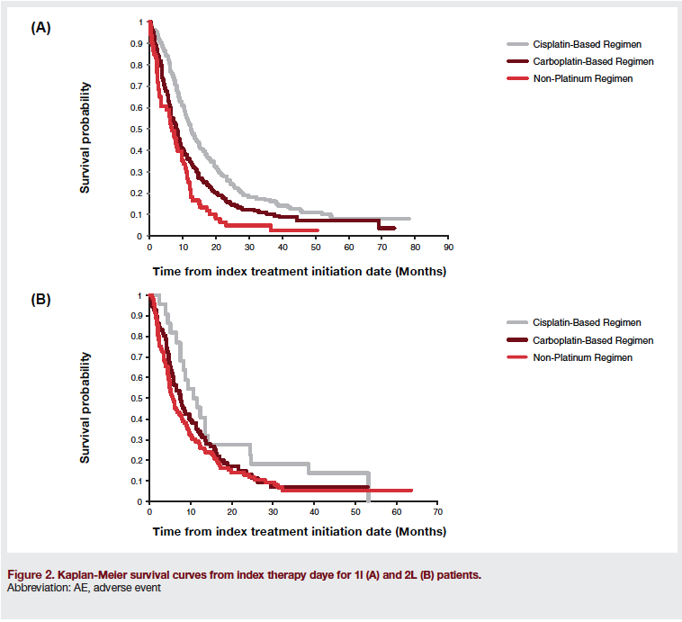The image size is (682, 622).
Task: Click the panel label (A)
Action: pos(40,28)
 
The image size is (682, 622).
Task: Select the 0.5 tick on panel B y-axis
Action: pos(137,399)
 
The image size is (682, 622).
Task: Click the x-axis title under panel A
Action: pos(299,270)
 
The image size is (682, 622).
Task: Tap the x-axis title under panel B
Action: pos(299,531)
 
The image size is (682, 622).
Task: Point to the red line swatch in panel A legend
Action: pos(516,78)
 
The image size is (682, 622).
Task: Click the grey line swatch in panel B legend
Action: pos(516,322)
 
